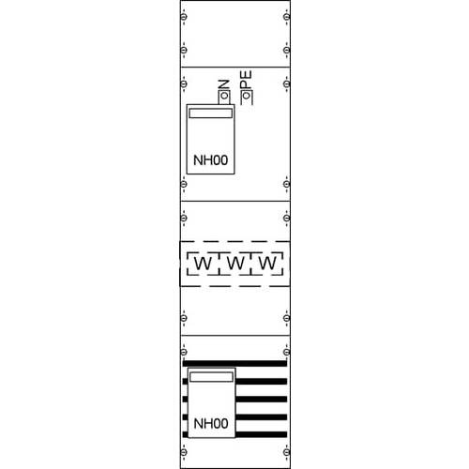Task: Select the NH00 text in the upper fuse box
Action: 210,160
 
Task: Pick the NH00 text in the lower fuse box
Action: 210,424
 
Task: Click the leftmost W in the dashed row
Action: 202,265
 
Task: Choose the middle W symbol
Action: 234,265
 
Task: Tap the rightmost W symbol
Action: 267,265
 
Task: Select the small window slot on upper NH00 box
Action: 210,113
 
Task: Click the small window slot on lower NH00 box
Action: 210,377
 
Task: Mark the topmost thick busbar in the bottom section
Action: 234,362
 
